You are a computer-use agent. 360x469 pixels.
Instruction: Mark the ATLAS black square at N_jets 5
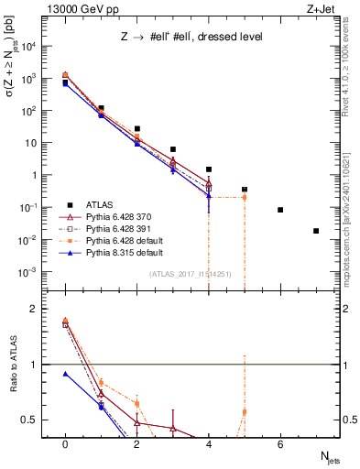point(245,190)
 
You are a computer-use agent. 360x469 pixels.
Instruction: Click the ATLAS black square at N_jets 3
point(173,149)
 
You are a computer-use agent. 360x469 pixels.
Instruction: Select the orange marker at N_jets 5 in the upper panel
point(245,197)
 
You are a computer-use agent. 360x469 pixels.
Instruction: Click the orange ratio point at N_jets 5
point(245,412)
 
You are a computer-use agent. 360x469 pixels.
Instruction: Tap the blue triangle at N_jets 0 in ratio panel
point(65,374)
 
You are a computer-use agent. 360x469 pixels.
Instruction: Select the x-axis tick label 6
point(280,443)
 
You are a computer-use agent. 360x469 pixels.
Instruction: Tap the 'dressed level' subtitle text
point(235,37)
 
